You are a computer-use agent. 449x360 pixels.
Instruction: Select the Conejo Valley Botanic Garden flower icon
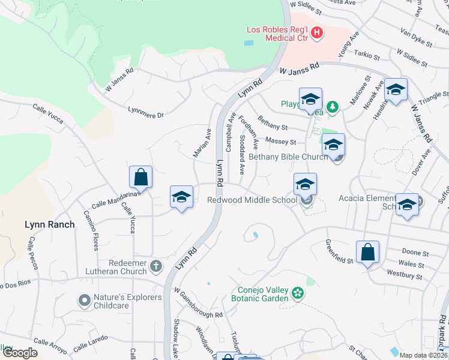pyautogui.click(x=297, y=293)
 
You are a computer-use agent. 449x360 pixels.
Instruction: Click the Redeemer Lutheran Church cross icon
pyautogui.click(x=156, y=265)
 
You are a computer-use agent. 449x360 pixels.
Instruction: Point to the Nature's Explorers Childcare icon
pyautogui.click(x=85, y=298)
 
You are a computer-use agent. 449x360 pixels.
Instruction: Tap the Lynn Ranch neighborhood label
pyautogui.click(x=50, y=225)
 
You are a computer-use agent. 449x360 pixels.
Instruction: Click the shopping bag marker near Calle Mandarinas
pyautogui.click(x=140, y=177)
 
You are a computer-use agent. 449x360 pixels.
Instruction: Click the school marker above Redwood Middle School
pyautogui.click(x=305, y=184)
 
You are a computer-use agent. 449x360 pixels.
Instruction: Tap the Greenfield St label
pyautogui.click(x=339, y=251)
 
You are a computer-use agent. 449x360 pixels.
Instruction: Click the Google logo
pyautogui.click(x=20, y=353)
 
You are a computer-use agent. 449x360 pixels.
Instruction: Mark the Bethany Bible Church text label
pyautogui.click(x=288, y=157)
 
